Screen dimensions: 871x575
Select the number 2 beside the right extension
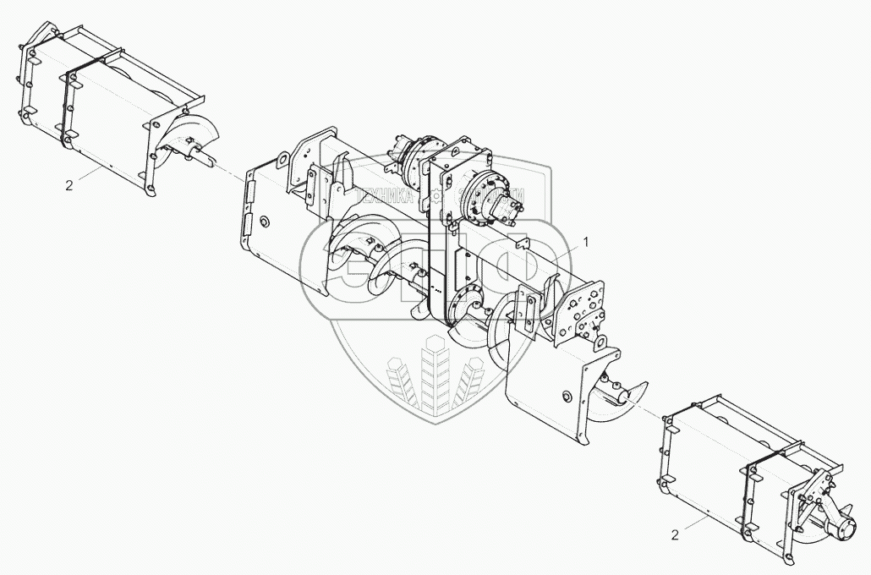click(673, 535)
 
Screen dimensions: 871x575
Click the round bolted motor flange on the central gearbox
click(491, 196)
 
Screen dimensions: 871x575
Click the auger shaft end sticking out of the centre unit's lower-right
click(627, 392)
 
